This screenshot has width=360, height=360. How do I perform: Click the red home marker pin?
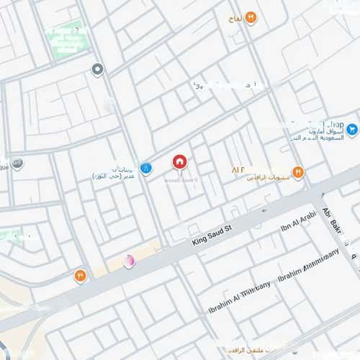(x=179, y=162)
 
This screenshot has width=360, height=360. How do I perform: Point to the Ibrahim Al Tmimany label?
(x=231, y=302)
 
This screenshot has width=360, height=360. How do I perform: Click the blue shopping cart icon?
(x=352, y=130)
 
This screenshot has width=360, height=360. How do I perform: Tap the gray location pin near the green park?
(x=98, y=70)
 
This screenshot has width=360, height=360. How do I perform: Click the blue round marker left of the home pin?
(x=146, y=168)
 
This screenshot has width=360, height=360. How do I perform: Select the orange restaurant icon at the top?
(x=251, y=17)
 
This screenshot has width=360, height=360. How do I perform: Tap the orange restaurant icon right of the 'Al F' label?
(x=298, y=172)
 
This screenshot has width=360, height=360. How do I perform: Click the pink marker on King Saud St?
(x=129, y=261)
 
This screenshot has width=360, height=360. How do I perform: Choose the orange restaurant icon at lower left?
(x=79, y=275)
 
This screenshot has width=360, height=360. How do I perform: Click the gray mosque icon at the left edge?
(x=17, y=163)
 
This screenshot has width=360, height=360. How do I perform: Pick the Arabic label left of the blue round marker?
(x=115, y=171)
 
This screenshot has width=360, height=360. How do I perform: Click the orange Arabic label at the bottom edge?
(x=245, y=351)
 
